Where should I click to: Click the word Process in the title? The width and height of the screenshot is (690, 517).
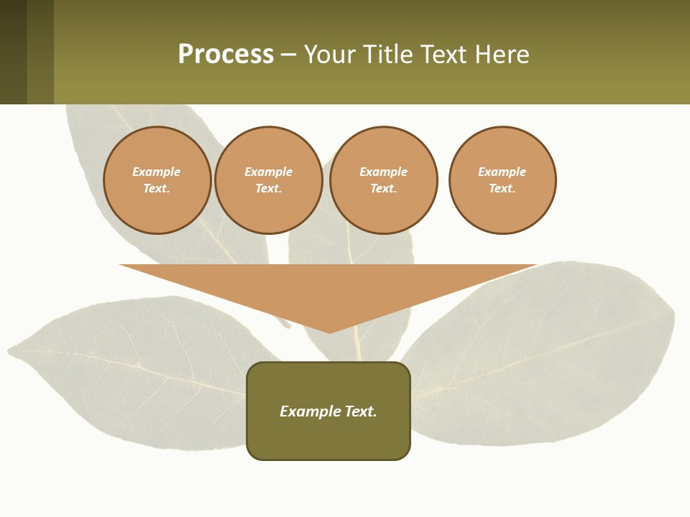(x=226, y=55)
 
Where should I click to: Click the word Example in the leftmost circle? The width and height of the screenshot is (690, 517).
(x=157, y=172)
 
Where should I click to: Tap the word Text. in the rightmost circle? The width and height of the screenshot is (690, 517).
(x=502, y=188)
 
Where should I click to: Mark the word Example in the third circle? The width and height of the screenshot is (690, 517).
(x=383, y=172)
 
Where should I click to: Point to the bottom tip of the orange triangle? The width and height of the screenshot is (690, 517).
(x=329, y=332)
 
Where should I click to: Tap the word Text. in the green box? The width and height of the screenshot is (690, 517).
(x=361, y=411)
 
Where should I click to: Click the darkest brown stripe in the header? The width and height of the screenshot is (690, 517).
(x=13, y=52)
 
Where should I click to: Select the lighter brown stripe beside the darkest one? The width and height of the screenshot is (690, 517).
(x=40, y=52)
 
